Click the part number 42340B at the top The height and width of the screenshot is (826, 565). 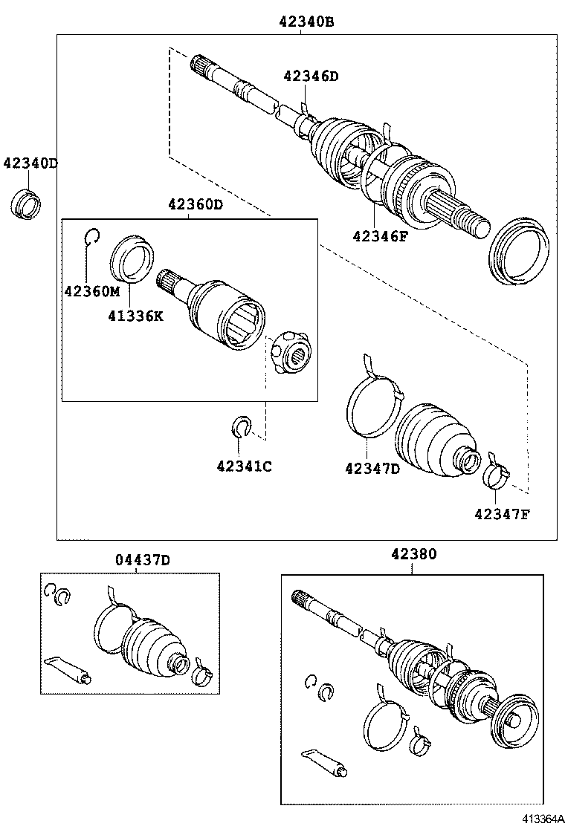tap(306, 22)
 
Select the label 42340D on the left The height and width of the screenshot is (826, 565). tap(30, 163)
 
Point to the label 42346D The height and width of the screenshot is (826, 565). tap(310, 75)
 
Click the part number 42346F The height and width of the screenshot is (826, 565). tap(381, 236)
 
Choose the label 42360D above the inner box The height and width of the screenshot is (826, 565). tap(195, 204)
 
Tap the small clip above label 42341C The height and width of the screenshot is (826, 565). tap(239, 426)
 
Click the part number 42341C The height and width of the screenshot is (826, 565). tap(244, 466)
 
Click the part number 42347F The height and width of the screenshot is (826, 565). tap(501, 513)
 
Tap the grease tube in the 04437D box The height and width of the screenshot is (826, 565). tap(69, 668)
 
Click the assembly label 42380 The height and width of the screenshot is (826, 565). tap(413, 553)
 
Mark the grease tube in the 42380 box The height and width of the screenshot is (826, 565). tap(324, 764)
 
